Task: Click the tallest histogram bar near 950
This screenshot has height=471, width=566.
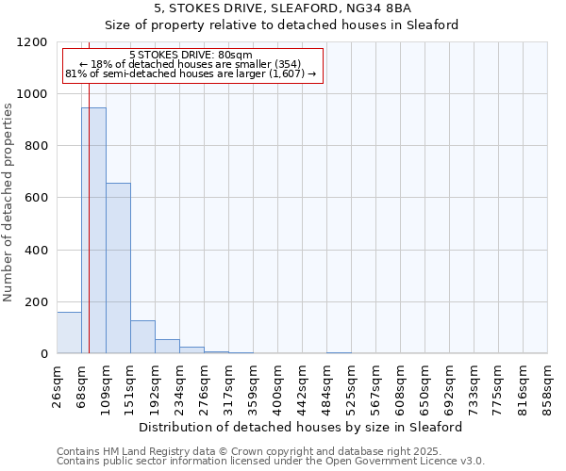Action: tap(93, 231)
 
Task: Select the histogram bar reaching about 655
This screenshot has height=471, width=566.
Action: tap(118, 268)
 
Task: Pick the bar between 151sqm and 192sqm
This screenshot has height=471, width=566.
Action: tap(142, 337)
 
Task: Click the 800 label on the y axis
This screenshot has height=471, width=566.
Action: tap(36, 146)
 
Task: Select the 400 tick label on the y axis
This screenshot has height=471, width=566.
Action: tap(36, 251)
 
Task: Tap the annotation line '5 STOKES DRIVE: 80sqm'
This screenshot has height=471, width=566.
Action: tap(191, 56)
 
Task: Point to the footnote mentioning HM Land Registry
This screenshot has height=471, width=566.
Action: tap(270, 451)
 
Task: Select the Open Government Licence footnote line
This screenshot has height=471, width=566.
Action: tap(270, 462)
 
